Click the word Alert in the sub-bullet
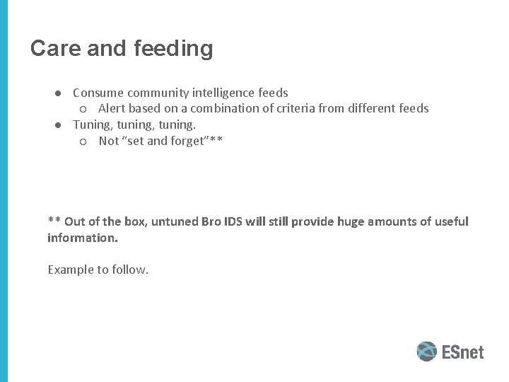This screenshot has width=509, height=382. (x=112, y=109)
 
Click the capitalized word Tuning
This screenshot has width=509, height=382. (x=92, y=125)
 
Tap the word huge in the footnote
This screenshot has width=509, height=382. (x=351, y=221)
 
